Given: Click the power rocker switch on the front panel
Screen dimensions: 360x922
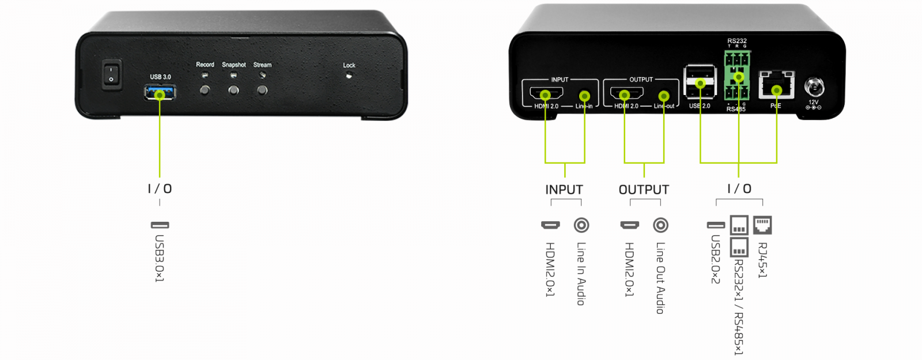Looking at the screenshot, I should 112,74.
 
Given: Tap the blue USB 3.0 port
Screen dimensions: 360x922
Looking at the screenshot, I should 160,92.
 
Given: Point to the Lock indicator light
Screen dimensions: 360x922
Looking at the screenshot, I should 349,75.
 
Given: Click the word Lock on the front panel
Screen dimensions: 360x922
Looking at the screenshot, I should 349,65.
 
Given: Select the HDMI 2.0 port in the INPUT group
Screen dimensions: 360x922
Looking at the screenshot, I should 543,94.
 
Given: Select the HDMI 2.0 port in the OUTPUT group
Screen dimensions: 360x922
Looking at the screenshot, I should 624,94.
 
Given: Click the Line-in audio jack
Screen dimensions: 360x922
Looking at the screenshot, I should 584,96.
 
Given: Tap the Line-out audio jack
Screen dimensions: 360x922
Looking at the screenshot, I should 664,96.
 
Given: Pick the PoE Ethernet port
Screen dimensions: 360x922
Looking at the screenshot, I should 776,86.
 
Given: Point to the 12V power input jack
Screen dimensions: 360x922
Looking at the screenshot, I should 814,88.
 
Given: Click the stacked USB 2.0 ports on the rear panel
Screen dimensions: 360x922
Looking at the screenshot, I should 700,81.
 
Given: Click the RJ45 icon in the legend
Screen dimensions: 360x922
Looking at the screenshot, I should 762,225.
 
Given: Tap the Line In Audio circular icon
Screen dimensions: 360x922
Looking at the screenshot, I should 581,225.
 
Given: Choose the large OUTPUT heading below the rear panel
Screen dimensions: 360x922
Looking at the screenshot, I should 644,190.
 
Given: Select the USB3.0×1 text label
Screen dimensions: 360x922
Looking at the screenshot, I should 160,258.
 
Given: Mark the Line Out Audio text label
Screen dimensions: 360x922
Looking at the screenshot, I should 660,278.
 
